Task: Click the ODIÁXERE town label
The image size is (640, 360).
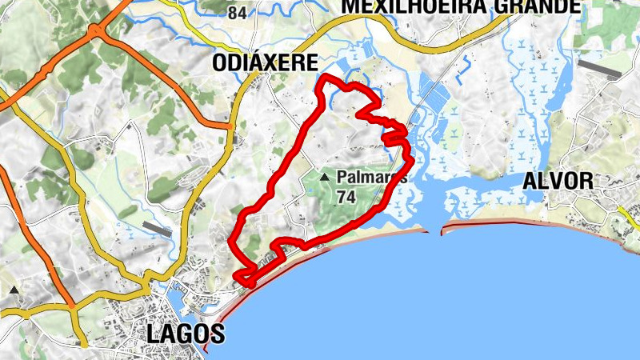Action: [x=265, y=63]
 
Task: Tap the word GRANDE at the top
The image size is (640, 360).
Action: [x=527, y=6]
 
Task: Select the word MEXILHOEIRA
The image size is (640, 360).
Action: [x=405, y=6]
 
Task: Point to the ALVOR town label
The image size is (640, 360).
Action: [x=558, y=182]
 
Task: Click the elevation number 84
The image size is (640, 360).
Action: [x=237, y=13]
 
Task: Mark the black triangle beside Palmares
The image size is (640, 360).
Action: [x=324, y=177]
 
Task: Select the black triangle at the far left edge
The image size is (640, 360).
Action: [x=14, y=290]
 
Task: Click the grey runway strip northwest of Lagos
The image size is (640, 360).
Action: [x=155, y=229]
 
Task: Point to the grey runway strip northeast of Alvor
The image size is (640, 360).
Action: [x=598, y=69]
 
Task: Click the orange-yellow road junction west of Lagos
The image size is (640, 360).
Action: [x=71, y=306]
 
